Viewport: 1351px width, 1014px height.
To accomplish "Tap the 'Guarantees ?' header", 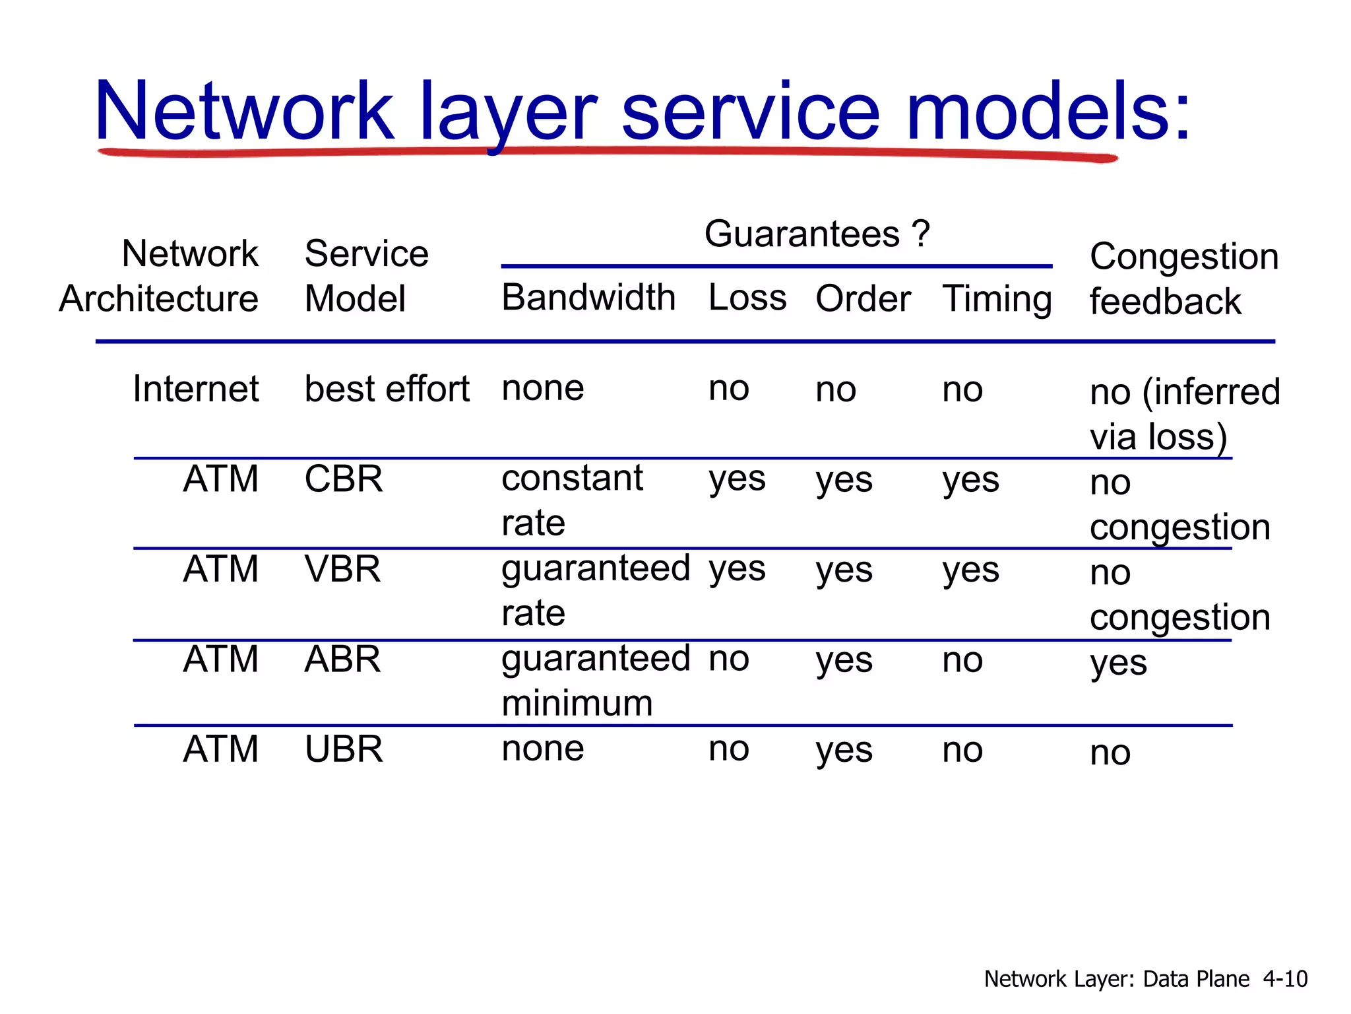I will pyautogui.click(x=817, y=234).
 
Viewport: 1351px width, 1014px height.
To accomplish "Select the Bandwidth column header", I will pyautogui.click(x=588, y=298).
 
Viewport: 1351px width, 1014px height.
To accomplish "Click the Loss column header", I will pyautogui.click(x=747, y=298).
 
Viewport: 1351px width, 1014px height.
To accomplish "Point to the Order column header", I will pyautogui.click(x=863, y=299).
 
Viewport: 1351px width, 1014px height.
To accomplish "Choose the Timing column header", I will pyautogui.click(x=997, y=299).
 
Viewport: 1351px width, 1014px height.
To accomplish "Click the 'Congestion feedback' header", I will pyautogui.click(x=1183, y=279).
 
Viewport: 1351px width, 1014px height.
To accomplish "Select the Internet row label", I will pyautogui.click(x=195, y=389).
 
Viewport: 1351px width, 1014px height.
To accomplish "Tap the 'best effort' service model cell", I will pyautogui.click(x=387, y=389).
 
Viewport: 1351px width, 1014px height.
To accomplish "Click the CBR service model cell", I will pyautogui.click(x=343, y=479).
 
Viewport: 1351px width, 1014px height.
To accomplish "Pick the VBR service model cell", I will pyautogui.click(x=342, y=569).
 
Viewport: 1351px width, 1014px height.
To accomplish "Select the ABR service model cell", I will pyautogui.click(x=342, y=659).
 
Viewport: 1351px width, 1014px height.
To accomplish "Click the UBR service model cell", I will pyautogui.click(x=343, y=749).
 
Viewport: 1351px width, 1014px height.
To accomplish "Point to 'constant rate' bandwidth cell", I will pyautogui.click(x=571, y=500).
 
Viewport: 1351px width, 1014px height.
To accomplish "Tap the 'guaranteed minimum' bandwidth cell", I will pyautogui.click(x=595, y=681).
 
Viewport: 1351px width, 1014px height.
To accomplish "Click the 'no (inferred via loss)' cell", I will pyautogui.click(x=1184, y=414).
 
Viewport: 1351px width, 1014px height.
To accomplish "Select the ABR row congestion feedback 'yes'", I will pyautogui.click(x=1118, y=662).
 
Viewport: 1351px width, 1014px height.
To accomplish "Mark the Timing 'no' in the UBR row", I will pyautogui.click(x=962, y=750).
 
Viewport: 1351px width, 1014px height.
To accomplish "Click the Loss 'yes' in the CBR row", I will pyautogui.click(x=737, y=479).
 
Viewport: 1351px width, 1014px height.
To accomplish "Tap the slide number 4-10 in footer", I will pyautogui.click(x=1284, y=978).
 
